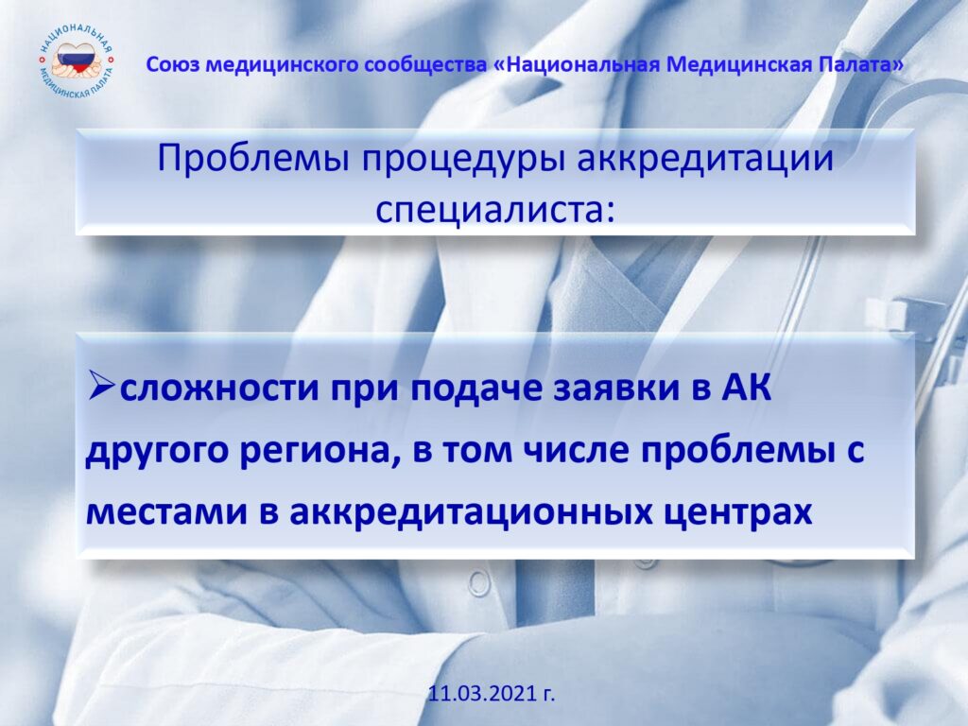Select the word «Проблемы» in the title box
(253, 158)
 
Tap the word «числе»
(574, 450)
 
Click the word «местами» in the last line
(164, 512)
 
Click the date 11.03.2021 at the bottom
(492, 693)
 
